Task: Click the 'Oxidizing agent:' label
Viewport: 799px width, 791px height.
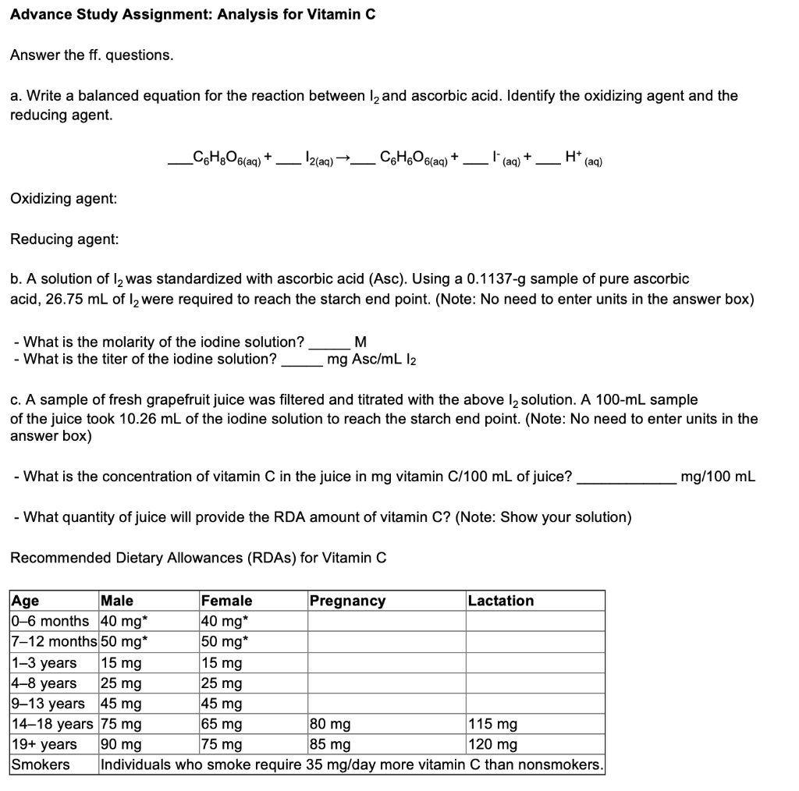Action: (64, 199)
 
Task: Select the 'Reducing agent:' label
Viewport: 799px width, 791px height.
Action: (64, 239)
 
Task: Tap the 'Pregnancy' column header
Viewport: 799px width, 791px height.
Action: (347, 601)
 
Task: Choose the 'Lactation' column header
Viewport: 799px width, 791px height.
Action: (501, 601)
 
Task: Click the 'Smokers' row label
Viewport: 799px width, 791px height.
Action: (40, 764)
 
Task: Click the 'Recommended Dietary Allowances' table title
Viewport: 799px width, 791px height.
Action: (197, 558)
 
